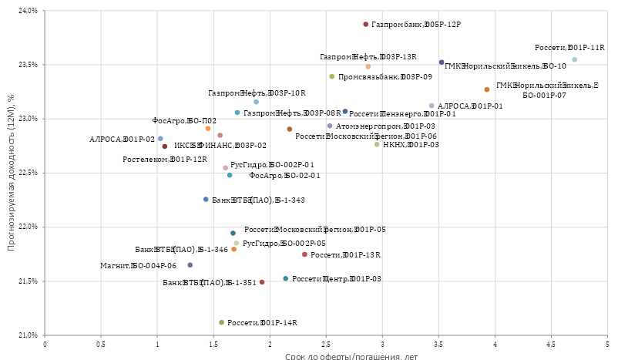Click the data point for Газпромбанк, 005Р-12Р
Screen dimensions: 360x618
coord(366,25)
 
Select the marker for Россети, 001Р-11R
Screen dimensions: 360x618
coord(574,59)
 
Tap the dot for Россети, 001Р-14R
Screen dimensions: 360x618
coord(221,322)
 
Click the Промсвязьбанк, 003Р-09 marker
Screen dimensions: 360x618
coord(332,76)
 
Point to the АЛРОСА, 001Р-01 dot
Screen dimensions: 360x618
coord(432,106)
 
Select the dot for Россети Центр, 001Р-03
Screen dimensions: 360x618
coord(285,278)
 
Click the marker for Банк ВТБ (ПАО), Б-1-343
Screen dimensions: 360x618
coord(206,200)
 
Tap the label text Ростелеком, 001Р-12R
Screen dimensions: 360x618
coord(165,160)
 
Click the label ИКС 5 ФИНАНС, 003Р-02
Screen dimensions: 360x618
coord(220,145)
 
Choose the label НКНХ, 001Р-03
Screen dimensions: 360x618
coord(411,144)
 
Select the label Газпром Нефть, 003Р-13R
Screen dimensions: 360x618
coord(368,57)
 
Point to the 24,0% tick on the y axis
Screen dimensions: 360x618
coord(28,12)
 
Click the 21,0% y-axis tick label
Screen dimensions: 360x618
coord(28,335)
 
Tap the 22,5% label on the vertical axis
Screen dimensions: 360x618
coord(28,173)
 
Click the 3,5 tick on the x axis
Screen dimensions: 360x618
coord(438,345)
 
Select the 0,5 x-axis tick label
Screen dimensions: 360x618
coord(101,345)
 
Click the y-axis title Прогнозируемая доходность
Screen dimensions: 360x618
coord(10,173)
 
